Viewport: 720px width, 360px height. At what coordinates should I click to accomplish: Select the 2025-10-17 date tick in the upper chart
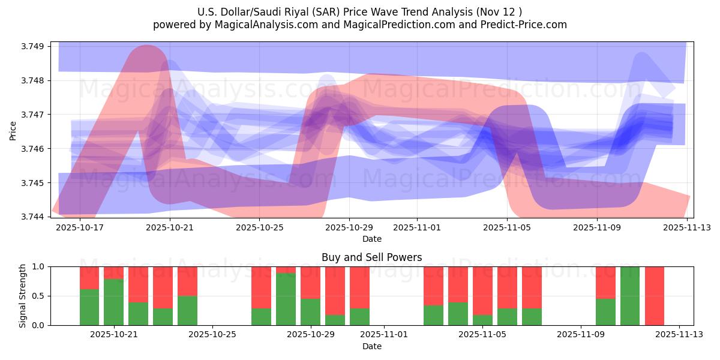click(x=80, y=227)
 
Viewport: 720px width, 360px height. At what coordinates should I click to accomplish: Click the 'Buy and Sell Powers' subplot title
click(x=371, y=257)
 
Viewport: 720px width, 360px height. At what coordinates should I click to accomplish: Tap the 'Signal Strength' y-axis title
click(x=22, y=296)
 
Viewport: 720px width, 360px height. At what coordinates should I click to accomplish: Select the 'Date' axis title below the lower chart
click(x=371, y=346)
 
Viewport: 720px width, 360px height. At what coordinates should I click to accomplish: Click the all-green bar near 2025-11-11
click(x=630, y=296)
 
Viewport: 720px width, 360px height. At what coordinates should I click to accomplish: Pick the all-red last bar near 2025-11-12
click(x=655, y=296)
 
